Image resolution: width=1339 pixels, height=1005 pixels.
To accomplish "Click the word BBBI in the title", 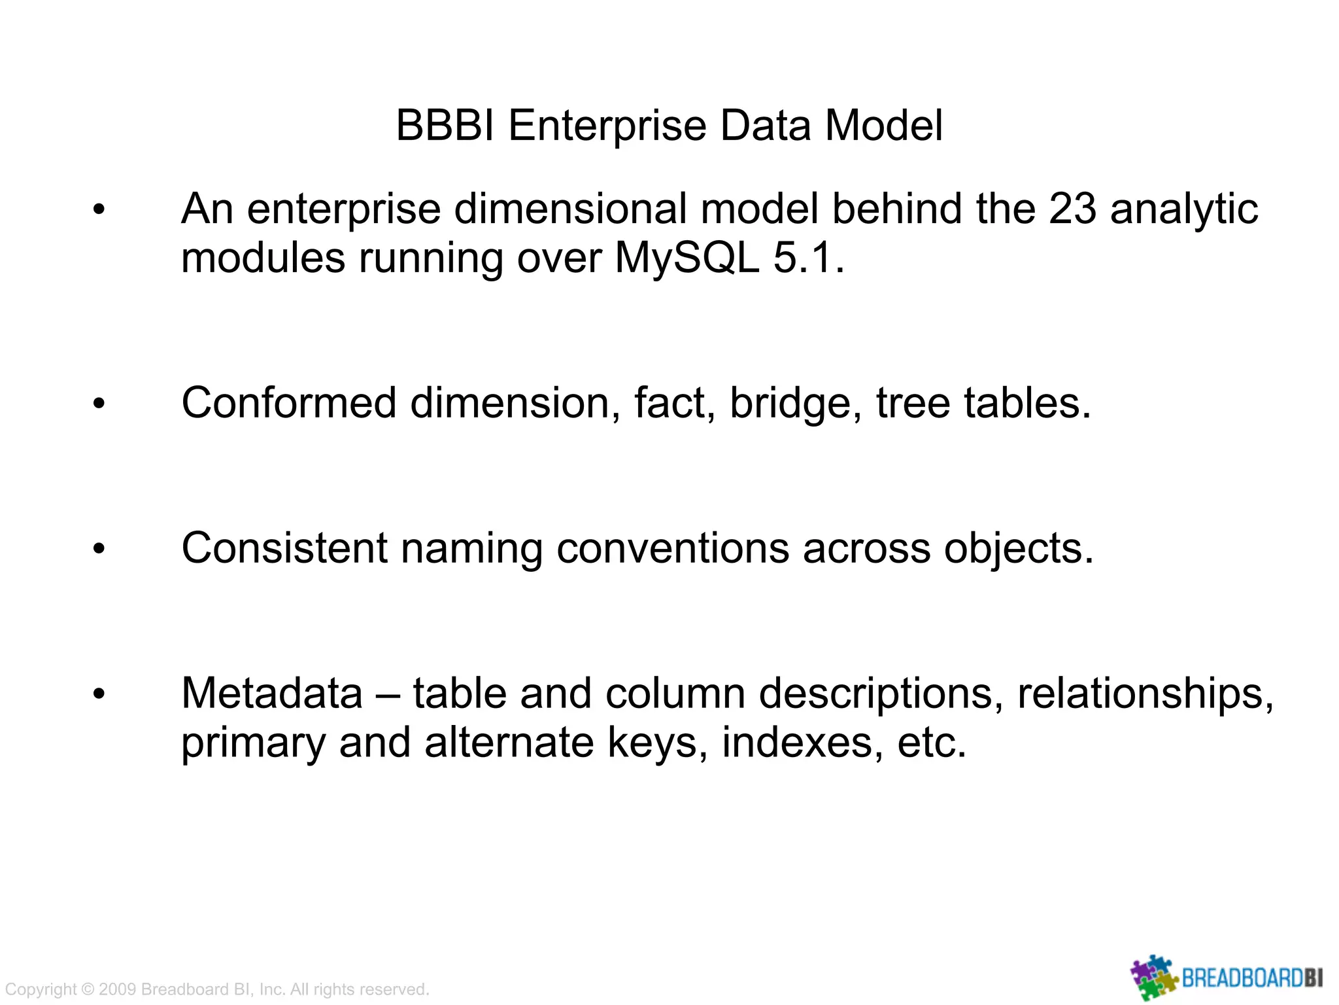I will point(447,125).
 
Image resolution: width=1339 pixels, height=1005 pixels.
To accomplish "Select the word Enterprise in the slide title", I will point(607,125).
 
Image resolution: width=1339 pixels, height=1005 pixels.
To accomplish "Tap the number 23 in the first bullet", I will point(1072,209).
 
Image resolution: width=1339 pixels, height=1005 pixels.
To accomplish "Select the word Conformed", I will point(288,403).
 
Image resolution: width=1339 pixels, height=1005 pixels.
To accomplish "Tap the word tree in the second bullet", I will point(913,403).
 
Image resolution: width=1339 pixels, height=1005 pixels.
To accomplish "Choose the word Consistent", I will point(284,548).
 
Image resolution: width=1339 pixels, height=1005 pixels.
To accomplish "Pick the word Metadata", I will point(272,694).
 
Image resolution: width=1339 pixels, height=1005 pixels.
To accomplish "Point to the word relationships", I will point(1145,694).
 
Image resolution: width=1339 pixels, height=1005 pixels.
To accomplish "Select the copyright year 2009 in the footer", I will point(117,989).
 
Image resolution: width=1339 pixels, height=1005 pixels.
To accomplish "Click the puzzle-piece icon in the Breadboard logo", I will point(1154,978).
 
